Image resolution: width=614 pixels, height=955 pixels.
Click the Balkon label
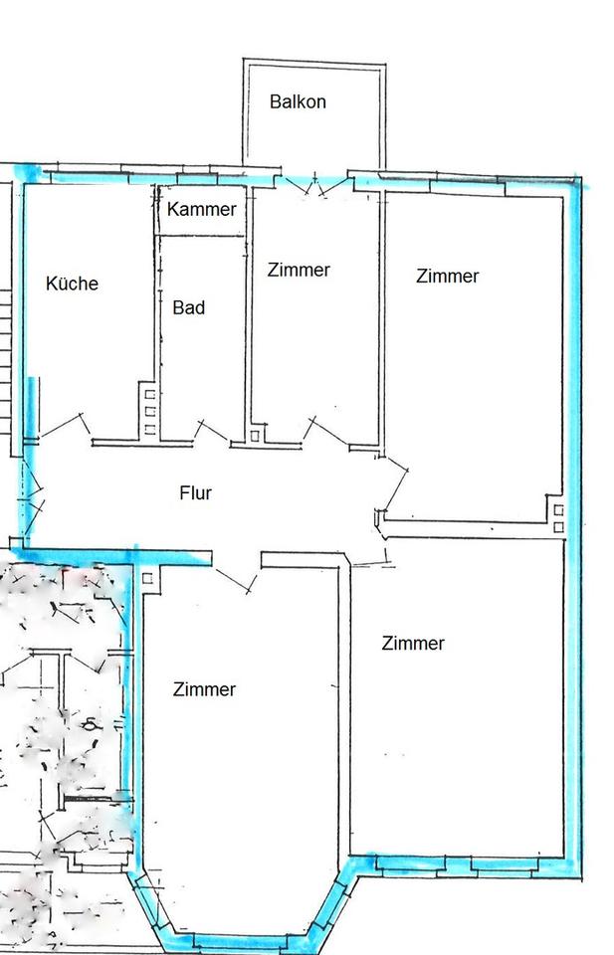coord(298,101)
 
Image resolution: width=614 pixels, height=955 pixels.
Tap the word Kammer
coord(202,209)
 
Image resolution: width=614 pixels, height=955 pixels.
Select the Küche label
coord(72,283)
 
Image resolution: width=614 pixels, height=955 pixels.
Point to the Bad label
coord(189,307)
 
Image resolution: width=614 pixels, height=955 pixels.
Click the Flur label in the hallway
coord(195,492)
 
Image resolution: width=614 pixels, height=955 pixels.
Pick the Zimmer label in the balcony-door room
coord(299,270)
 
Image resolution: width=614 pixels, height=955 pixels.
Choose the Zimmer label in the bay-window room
coord(204,688)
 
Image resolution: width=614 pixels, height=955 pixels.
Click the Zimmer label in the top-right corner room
coord(448,276)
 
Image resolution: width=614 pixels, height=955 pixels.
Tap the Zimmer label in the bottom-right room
coord(413,643)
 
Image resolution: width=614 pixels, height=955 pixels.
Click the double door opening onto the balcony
coord(314,185)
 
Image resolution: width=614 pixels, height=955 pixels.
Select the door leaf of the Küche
coord(61,426)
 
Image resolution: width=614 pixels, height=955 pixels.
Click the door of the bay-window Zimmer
coord(234,581)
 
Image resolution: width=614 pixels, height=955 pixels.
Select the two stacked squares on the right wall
coord(558,517)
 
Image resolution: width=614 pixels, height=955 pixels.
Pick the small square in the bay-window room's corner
coord(147,578)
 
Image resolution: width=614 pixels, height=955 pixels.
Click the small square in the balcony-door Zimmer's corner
coord(255,436)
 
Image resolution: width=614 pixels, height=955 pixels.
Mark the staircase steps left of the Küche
coord(6,359)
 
